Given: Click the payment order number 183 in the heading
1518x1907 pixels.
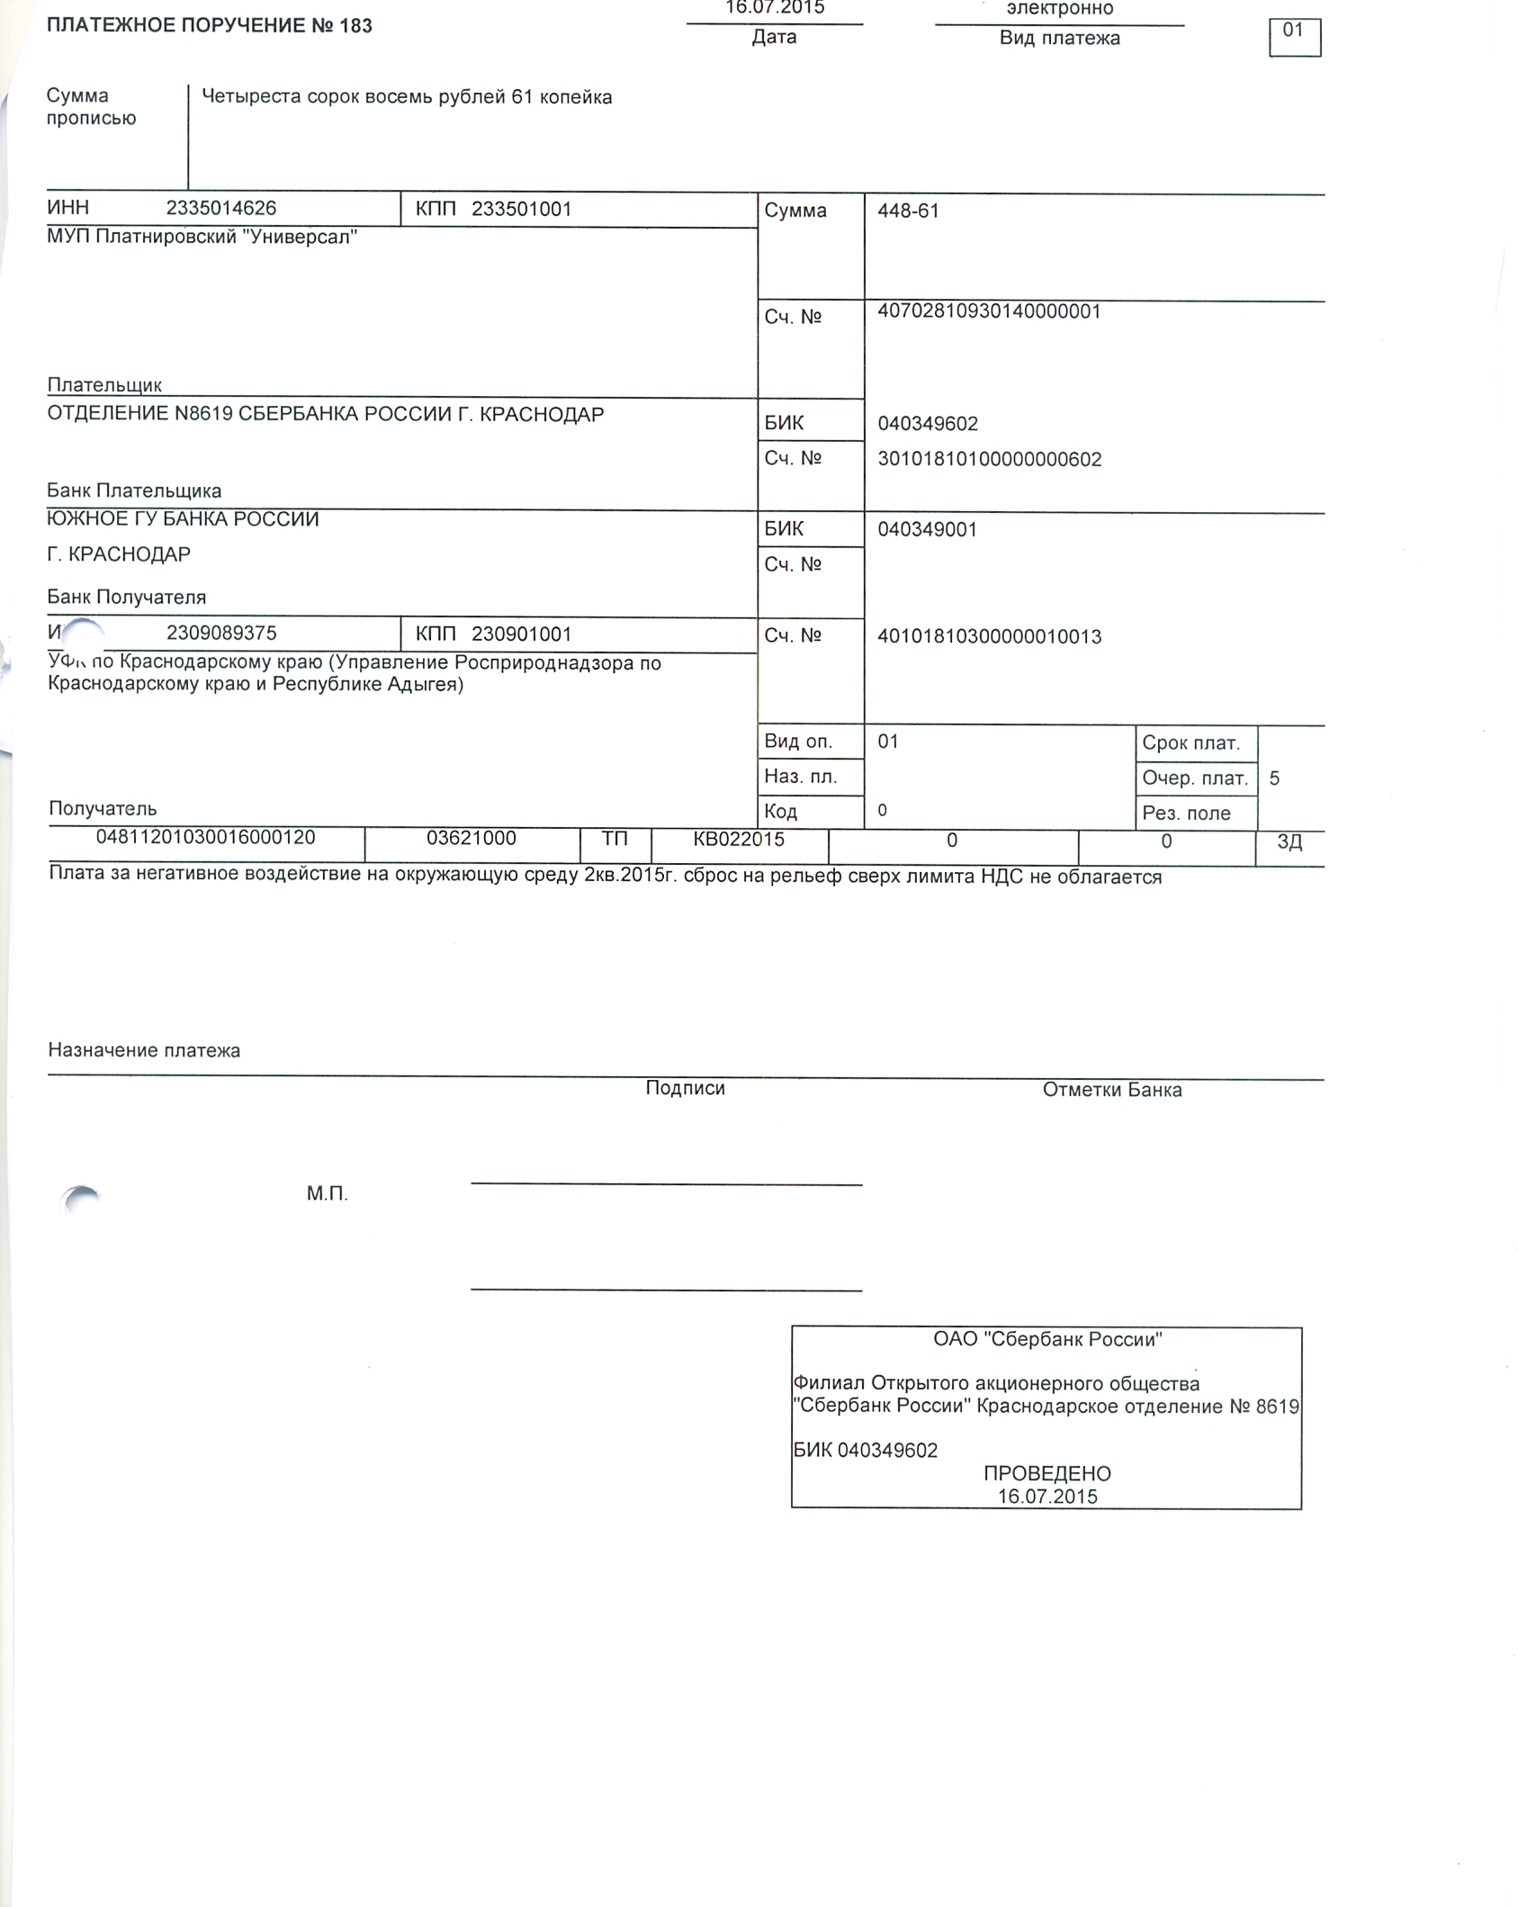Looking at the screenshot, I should pos(355,26).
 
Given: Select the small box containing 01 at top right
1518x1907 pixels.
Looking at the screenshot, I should pos(1294,37).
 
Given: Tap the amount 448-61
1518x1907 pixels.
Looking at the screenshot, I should pos(908,211).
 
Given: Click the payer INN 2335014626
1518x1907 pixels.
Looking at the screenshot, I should pos(221,209).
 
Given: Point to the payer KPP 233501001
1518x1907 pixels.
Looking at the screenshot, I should pos(521,210).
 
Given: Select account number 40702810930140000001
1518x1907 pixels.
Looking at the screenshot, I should pos(989,312).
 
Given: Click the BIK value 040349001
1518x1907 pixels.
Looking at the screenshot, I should pos(927,530).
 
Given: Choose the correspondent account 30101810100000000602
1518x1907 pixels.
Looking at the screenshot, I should pos(989,460).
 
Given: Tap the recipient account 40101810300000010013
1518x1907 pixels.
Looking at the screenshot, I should pos(989,637).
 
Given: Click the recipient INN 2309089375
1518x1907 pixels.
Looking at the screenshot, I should pos(221,634).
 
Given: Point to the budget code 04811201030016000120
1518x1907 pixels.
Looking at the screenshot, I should pos(205,838).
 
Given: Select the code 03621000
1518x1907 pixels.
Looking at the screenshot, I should pos(471,839).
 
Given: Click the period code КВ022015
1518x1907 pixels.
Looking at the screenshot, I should pos(738,840).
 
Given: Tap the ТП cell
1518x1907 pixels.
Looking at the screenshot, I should pos(615,840).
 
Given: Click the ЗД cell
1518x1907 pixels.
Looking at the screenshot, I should pos(1289,842).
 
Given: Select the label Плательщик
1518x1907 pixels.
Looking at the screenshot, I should pos(104,385).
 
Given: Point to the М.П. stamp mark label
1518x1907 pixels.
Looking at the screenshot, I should pos(327,1194).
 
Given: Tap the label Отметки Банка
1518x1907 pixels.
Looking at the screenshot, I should pos(1111,1090).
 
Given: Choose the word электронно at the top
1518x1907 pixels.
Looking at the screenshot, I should pos(1059,9).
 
